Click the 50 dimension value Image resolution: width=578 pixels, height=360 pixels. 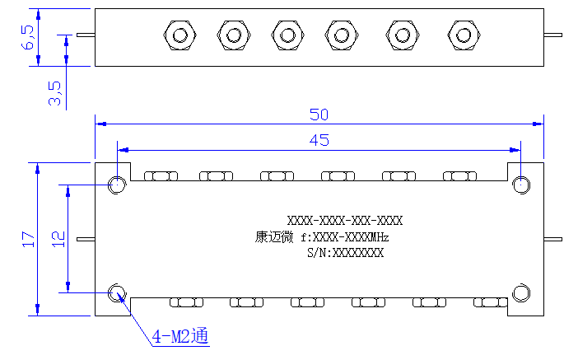[319, 115]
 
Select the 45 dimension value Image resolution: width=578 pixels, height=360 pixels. [319, 140]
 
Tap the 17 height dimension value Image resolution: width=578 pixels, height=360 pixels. [28, 239]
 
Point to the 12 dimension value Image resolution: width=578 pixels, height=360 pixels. [58, 239]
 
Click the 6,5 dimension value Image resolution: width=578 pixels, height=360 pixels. [28, 37]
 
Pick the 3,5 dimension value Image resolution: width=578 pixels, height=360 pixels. [54, 93]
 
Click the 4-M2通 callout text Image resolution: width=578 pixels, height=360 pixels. [180, 336]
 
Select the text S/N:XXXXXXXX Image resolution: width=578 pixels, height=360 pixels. [345, 253]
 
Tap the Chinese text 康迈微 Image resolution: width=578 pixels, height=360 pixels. [274, 236]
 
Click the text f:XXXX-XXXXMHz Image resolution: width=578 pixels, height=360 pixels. [345, 237]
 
